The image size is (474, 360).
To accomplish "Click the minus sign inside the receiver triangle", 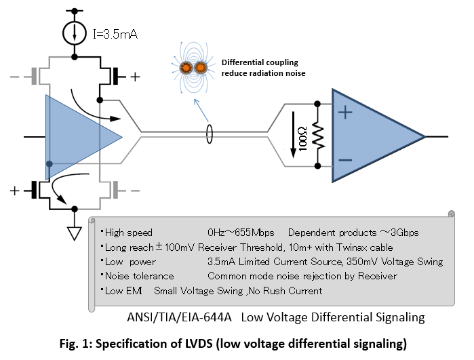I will pyautogui.click(x=345, y=161).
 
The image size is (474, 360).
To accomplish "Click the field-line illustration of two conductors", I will pyautogui.click(x=193, y=68).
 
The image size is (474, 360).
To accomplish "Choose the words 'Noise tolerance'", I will pyautogui.click(x=140, y=276).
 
